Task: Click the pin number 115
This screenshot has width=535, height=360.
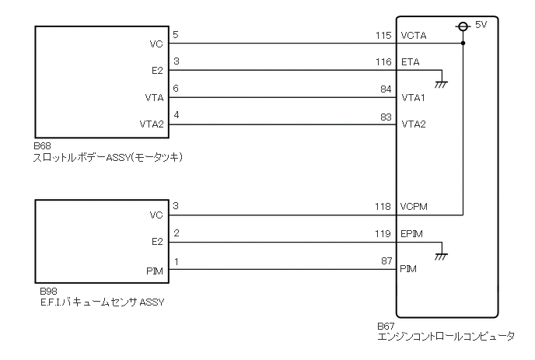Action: (383, 36)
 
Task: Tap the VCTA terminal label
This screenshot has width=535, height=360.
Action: (414, 36)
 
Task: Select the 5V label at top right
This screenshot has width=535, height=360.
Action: (481, 25)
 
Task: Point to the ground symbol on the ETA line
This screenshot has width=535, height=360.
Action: (442, 80)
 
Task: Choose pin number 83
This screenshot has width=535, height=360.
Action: (385, 117)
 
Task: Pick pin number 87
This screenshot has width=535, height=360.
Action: (385, 262)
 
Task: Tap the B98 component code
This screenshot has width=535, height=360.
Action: (43, 292)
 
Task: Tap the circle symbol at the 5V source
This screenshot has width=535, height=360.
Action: (463, 26)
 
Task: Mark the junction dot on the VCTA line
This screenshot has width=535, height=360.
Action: (463, 44)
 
